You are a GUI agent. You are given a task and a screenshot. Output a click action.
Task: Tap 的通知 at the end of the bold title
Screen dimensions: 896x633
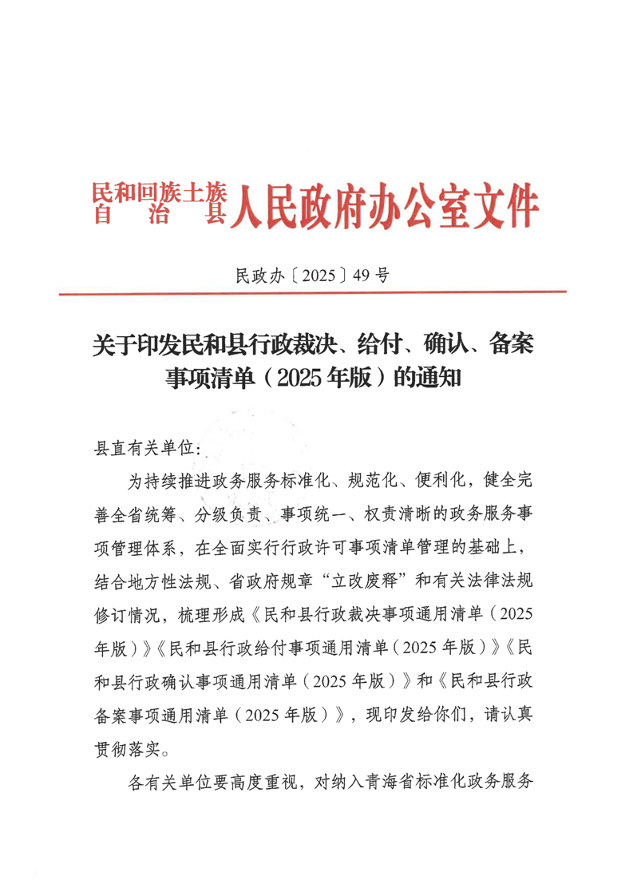point(429,376)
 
